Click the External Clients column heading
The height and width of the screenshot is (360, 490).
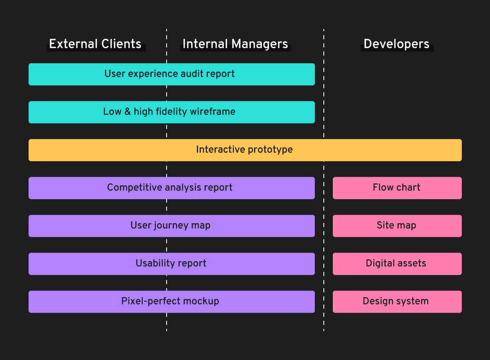[95, 44]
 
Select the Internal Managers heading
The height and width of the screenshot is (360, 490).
[235, 44]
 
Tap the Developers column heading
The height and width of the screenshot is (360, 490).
[396, 44]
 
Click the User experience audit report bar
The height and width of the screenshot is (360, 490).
[171, 74]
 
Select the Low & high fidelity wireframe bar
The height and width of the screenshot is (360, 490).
[171, 112]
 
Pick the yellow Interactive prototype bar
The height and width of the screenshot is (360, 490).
[245, 150]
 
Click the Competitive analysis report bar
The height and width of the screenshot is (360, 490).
[171, 188]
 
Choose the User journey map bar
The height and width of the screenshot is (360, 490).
[171, 226]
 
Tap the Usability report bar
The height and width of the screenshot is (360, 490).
[171, 264]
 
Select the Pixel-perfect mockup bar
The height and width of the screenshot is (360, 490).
[171, 302]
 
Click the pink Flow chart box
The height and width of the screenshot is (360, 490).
[397, 188]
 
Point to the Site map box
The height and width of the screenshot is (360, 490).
[397, 226]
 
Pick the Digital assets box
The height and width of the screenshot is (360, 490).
[397, 264]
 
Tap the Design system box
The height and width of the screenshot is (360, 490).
[397, 302]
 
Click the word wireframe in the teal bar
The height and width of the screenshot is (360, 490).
[215, 112]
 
